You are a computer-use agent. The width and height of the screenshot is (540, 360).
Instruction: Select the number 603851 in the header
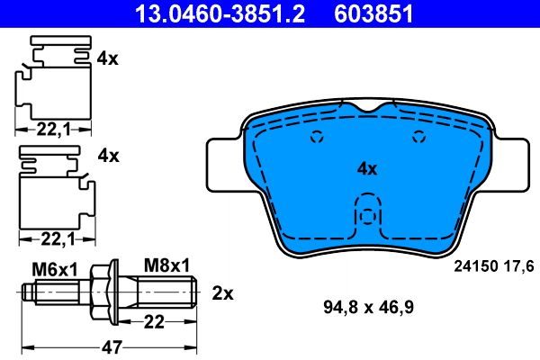[373, 13]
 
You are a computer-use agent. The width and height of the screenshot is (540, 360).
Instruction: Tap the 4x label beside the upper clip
[107, 58]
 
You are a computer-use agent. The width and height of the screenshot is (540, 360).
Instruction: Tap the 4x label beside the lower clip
[107, 156]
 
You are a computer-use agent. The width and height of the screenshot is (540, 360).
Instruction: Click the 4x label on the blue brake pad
[366, 168]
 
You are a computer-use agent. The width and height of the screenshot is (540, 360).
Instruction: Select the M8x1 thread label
[166, 265]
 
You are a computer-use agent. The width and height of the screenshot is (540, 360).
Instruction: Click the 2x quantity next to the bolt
[221, 292]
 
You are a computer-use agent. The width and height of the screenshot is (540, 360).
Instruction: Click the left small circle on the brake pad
[316, 138]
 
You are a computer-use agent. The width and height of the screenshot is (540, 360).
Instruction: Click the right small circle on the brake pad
[417, 138]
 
